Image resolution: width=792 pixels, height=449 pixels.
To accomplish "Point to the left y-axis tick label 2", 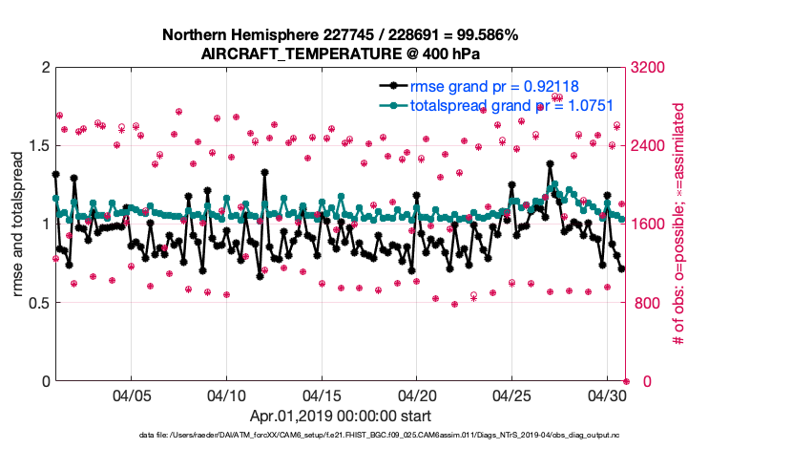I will [45, 68].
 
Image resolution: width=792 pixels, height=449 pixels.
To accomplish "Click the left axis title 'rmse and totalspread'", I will [18, 224].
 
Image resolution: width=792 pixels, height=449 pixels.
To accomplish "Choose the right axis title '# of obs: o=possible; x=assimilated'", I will [679, 224].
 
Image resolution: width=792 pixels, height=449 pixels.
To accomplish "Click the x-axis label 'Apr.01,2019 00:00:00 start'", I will [341, 416].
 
